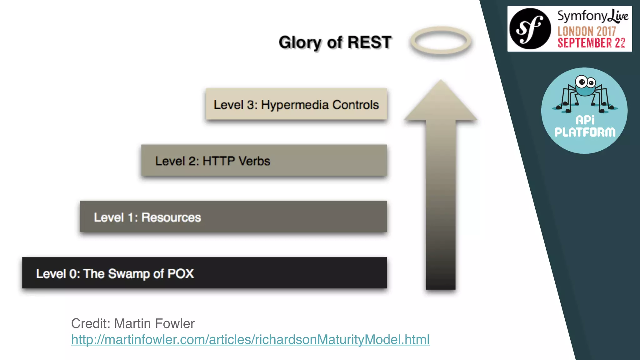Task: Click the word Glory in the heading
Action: click(x=300, y=43)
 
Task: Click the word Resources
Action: click(x=171, y=217)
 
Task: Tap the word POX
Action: click(x=181, y=273)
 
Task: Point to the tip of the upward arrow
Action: click(x=441, y=82)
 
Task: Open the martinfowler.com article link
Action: click(x=250, y=340)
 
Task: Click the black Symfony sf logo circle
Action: click(x=530, y=29)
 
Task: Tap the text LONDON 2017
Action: click(x=587, y=31)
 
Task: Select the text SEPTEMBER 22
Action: click(x=591, y=43)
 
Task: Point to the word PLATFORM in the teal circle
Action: click(x=585, y=132)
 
